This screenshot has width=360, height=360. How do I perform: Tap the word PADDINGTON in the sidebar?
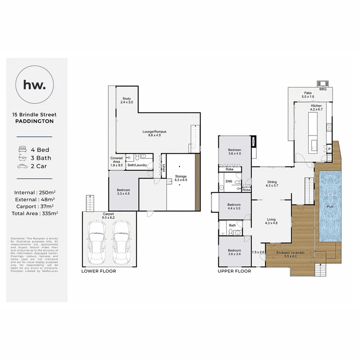pos(34,121)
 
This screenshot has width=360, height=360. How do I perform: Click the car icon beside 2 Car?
pos(23,166)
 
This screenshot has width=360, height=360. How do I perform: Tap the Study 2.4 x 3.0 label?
pos(127,100)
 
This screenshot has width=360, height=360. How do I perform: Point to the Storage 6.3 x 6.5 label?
pos(181,178)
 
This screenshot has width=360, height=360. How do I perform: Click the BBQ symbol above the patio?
pos(322,84)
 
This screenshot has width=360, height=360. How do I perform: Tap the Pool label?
pos(330,207)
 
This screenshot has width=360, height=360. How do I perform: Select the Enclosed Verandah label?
pos(290,255)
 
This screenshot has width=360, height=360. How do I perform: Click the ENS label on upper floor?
pos(229,181)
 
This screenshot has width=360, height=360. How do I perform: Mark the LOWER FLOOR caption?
pos(99,271)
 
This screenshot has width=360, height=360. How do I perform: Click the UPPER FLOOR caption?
pos(234,271)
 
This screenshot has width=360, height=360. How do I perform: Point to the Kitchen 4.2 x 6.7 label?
pos(316,107)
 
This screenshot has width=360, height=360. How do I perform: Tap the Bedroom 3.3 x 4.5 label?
pos(123,192)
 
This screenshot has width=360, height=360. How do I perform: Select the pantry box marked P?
pos(329,149)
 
